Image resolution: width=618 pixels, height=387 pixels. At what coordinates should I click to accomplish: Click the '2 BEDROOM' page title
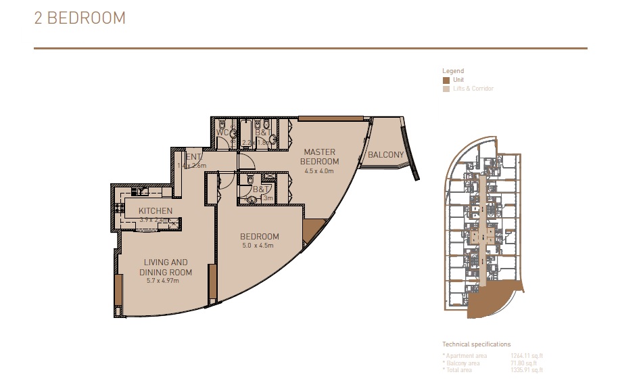tap(80, 18)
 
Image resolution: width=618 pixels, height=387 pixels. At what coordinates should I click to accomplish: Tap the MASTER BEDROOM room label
tap(320, 156)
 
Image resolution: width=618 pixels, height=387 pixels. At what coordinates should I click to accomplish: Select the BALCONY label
tap(385, 155)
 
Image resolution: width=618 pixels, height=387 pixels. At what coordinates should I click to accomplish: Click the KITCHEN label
tap(155, 211)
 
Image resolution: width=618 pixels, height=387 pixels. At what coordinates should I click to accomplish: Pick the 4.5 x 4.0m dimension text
tap(320, 171)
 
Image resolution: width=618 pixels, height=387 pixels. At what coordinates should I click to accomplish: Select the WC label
tap(222, 133)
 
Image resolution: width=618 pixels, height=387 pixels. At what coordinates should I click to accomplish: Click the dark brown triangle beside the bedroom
tap(310, 231)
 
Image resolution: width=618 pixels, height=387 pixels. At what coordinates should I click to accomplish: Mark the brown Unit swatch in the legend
tap(446, 80)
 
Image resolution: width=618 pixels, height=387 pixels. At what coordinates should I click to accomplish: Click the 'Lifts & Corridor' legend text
tap(473, 89)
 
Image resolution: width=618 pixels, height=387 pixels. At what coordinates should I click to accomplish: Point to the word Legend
tap(453, 71)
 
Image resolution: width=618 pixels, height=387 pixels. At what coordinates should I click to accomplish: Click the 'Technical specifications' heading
tap(476, 344)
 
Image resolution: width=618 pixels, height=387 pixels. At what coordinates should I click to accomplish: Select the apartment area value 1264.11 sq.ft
tap(527, 355)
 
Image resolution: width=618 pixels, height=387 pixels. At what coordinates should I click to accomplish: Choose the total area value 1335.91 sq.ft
tap(527, 370)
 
